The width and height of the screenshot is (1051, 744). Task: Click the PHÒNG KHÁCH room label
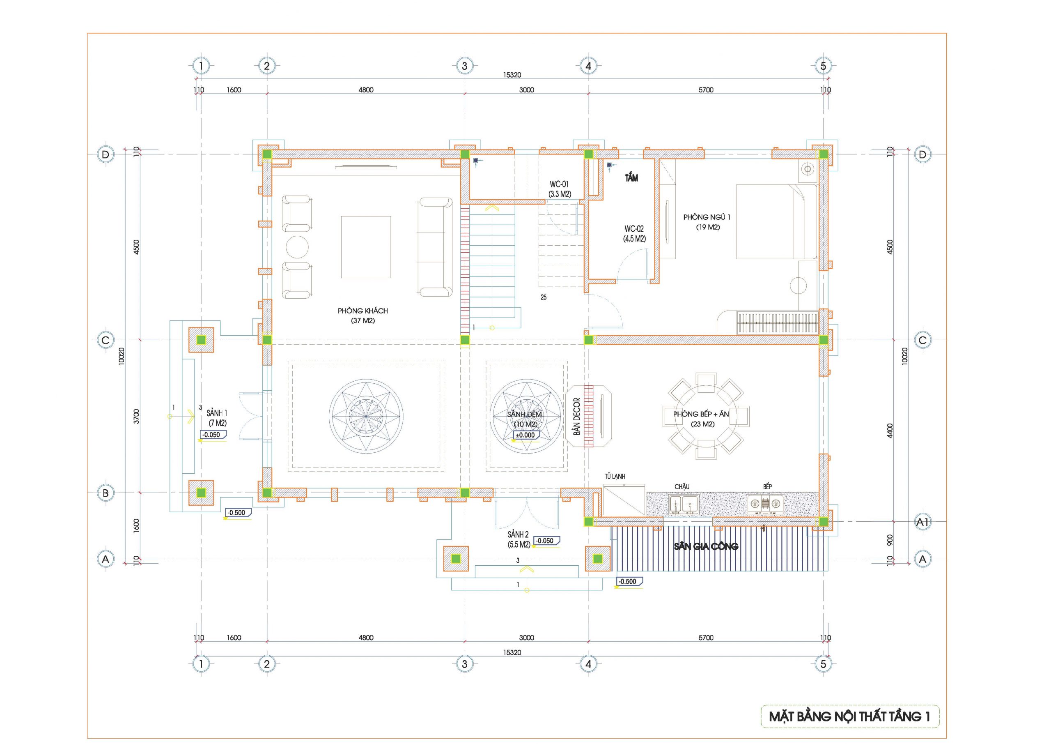click(x=363, y=311)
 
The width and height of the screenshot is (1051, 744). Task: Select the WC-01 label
click(x=560, y=184)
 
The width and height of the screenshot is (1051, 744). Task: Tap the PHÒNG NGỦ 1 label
click(x=707, y=217)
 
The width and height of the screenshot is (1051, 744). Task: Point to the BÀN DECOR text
click(x=576, y=416)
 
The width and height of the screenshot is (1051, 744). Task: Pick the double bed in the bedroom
click(x=776, y=222)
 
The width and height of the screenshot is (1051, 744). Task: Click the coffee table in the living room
click(x=366, y=247)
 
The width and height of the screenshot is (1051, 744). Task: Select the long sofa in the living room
click(x=435, y=247)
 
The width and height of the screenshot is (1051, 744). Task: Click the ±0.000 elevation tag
click(x=525, y=435)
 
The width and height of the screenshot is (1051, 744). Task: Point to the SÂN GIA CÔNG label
click(x=706, y=546)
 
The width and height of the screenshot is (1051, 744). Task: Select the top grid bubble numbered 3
click(x=465, y=66)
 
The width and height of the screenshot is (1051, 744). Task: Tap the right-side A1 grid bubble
click(x=922, y=522)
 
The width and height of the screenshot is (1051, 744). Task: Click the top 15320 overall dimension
click(x=512, y=75)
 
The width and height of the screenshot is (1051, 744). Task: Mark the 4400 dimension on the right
click(x=890, y=431)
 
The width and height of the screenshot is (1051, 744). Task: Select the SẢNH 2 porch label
click(x=518, y=534)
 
